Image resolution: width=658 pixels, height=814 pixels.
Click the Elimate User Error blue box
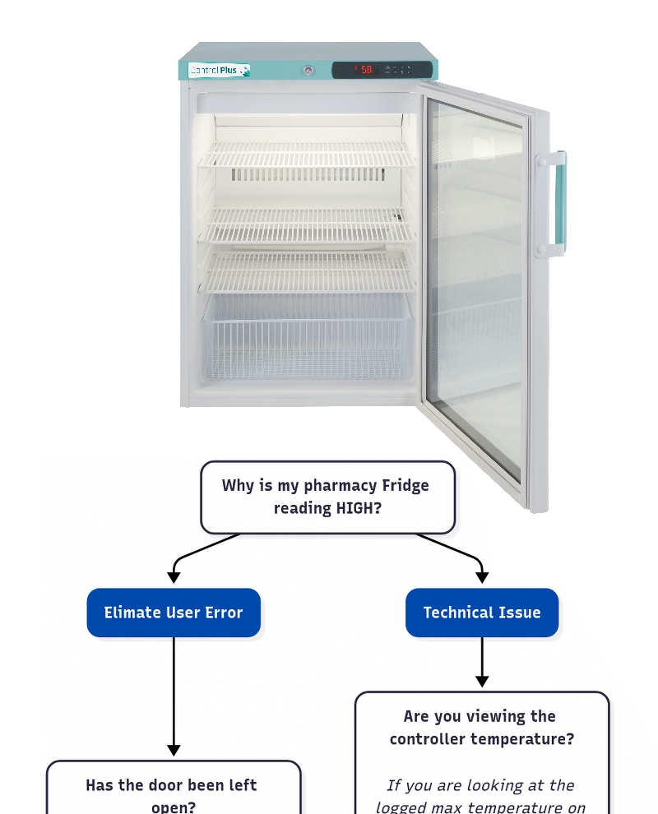click(x=174, y=613)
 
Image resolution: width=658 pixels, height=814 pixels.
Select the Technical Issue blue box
click(x=482, y=613)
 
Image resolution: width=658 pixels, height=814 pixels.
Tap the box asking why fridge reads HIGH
click(x=327, y=497)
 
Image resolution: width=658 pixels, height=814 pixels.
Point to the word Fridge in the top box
click(x=405, y=485)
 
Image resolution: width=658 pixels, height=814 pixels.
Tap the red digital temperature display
click(x=365, y=70)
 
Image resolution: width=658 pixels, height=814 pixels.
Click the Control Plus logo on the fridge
click(x=219, y=71)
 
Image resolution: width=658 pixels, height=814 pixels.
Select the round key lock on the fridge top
click(x=308, y=71)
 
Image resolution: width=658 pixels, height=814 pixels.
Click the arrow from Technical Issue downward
click(x=482, y=662)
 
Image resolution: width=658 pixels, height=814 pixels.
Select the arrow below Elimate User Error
click(x=174, y=695)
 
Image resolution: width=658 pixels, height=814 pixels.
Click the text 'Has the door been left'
click(x=171, y=785)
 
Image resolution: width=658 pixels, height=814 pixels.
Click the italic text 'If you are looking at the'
click(x=480, y=785)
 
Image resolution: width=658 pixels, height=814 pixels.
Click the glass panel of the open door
click(x=475, y=288)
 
